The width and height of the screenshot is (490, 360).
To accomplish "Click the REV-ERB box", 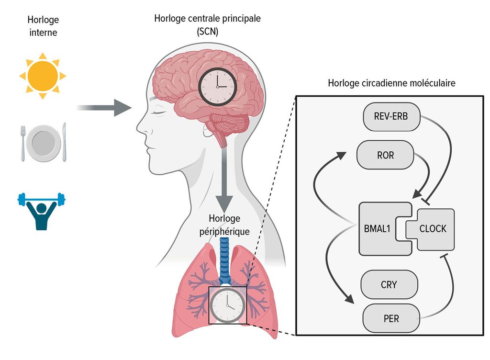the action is coord(391,116).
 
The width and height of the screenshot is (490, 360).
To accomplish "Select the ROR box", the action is coord(385,155).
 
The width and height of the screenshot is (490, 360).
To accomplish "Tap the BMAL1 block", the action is coord(378,229).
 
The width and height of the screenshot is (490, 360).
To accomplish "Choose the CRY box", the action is coord(389,285).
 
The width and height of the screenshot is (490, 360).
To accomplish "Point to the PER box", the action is coord(391,318).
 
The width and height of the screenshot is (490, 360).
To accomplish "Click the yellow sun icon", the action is coord(43,76).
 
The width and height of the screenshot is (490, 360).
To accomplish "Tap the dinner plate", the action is coord(43,143).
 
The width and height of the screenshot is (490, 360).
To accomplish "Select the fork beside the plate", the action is coord(23,144).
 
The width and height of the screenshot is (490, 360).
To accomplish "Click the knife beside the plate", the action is coord(64,142).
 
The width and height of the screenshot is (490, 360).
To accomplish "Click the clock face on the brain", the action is coord(218,87).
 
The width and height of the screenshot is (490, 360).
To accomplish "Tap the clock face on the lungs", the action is coord(227,305).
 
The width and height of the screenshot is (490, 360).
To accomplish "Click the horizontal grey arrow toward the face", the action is coord(104,108).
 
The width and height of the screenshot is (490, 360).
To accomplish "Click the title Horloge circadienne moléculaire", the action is coord(391,83).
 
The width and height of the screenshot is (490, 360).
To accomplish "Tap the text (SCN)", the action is coord(208,32).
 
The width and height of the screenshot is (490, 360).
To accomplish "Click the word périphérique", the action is coord(224,232).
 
